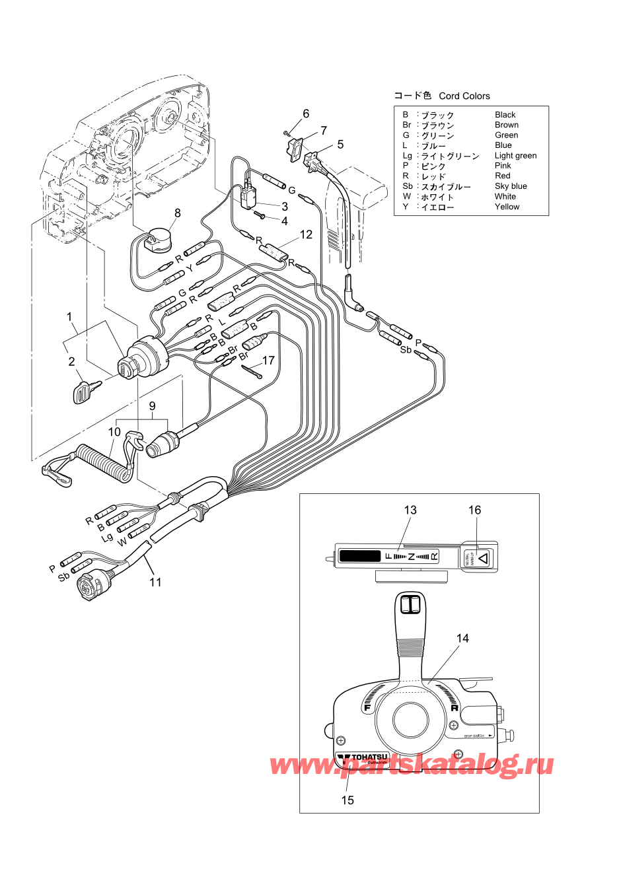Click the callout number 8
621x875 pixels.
(177, 213)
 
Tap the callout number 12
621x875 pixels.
(306, 234)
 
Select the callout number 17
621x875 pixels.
(268, 360)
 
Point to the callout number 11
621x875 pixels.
(155, 582)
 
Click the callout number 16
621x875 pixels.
(475, 510)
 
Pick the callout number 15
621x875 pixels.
(347, 800)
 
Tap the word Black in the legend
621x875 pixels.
(505, 115)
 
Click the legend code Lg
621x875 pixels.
(407, 156)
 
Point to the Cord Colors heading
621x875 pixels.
(464, 96)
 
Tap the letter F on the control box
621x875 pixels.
(367, 708)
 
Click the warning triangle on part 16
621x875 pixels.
(483, 558)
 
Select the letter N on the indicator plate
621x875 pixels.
(411, 557)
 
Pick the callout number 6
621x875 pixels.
(306, 114)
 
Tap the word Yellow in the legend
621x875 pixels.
(507, 207)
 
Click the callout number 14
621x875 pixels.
(462, 638)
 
